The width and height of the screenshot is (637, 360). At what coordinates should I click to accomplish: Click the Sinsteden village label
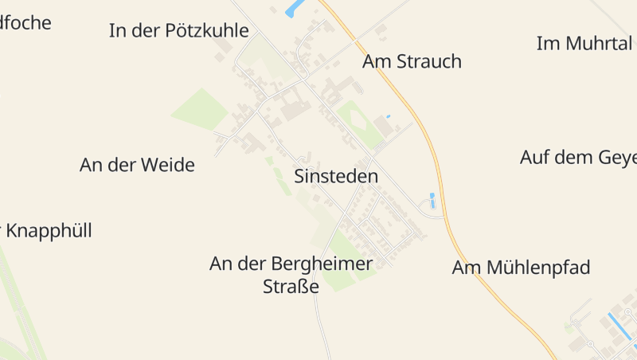click(x=336, y=177)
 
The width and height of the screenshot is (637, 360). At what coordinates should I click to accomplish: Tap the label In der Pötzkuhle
click(x=178, y=31)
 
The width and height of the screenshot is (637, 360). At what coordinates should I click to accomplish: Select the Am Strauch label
click(x=412, y=62)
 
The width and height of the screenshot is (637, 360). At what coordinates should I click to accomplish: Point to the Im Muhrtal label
click(x=584, y=44)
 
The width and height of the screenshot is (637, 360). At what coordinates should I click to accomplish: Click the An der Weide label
click(x=137, y=166)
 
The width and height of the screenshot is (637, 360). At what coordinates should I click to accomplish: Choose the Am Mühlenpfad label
click(x=521, y=268)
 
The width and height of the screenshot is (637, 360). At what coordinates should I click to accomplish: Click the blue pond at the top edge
click(x=295, y=8)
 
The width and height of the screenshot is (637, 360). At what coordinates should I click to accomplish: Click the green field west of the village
click(x=199, y=109)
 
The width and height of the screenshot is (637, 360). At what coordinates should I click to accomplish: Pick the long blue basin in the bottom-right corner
click(x=619, y=327)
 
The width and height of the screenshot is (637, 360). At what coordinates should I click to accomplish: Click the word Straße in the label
click(x=291, y=287)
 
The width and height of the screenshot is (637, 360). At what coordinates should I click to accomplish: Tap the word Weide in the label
click(x=168, y=166)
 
